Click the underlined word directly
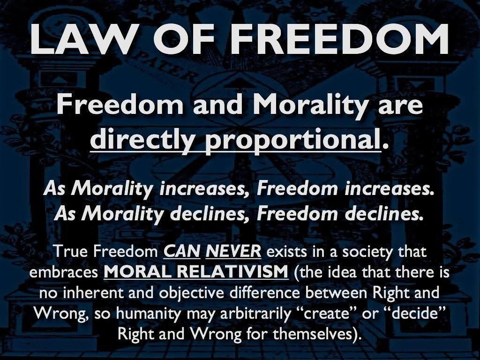click(145, 140)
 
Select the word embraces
click(64, 272)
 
